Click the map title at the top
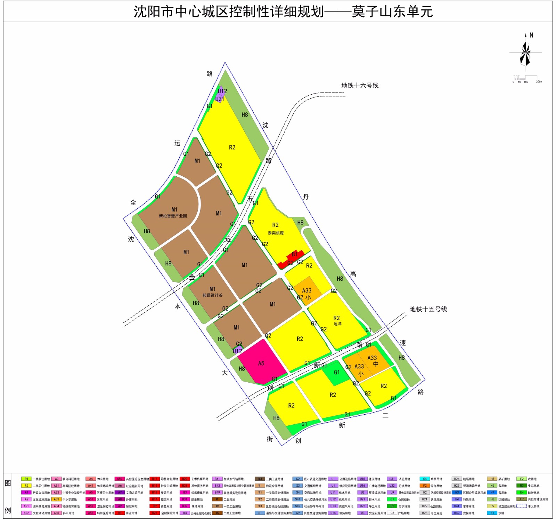[x=283, y=12]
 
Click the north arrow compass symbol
[x=525, y=53]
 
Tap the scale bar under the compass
[x=527, y=78]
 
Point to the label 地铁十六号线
[x=360, y=86]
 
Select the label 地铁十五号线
[x=428, y=309]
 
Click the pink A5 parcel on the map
[x=261, y=363]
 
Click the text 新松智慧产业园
[x=173, y=216]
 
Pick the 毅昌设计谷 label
[x=212, y=295]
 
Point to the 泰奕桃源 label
[x=276, y=233]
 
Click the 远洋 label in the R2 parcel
[x=337, y=324]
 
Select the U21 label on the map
[x=220, y=99]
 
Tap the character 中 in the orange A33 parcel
[x=376, y=364]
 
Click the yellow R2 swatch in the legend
[x=26, y=486]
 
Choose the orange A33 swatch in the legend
[x=56, y=499]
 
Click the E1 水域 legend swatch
[x=492, y=513]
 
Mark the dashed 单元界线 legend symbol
[x=521, y=506]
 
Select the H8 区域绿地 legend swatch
[x=492, y=499]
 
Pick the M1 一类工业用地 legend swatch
[x=217, y=506]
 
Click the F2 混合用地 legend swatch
[x=425, y=486]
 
